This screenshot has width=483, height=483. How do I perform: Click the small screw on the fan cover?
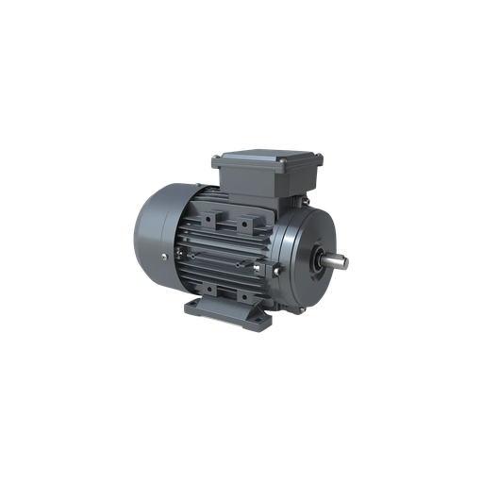click(x=163, y=257)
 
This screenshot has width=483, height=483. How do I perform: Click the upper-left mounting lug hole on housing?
click(x=223, y=224)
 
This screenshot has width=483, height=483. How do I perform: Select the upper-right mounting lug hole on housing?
click(x=249, y=225)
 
